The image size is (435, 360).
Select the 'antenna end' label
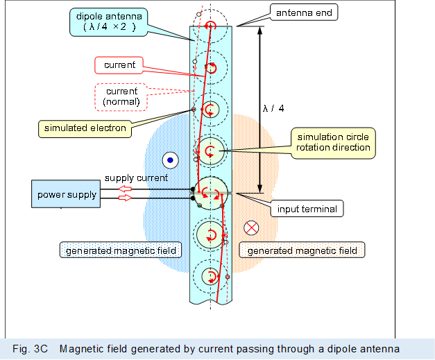[x=304, y=13]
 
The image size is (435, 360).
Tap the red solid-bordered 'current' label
[x=119, y=65]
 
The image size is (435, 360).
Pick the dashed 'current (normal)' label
[x=121, y=96]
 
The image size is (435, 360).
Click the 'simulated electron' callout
[x=85, y=128]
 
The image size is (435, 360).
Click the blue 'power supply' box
[x=67, y=194]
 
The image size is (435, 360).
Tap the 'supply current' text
[x=136, y=178]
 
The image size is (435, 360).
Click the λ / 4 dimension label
[x=273, y=108]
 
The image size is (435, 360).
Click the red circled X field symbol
[x=252, y=228]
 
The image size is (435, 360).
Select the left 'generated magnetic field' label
[x=121, y=250]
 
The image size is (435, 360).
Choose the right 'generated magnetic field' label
[x=302, y=250]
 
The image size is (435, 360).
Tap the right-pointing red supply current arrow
[x=125, y=198]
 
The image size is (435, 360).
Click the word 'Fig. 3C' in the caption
[x=33, y=349]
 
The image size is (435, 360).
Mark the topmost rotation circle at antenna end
[x=210, y=26]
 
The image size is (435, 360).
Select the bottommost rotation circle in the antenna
[x=210, y=277]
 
